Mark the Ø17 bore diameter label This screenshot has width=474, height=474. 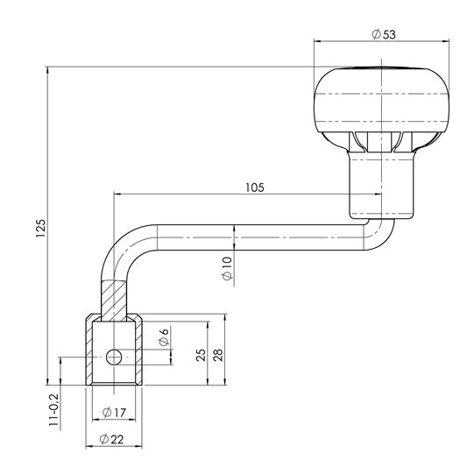pos(116,411)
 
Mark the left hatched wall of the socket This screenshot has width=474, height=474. pos(91,350)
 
